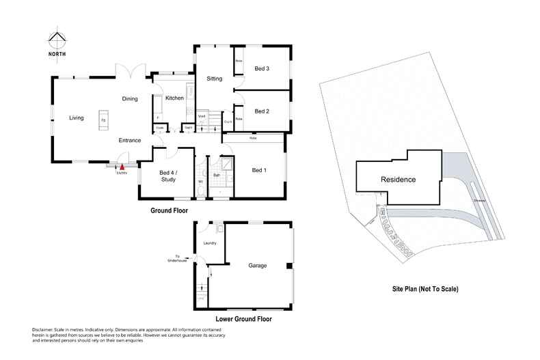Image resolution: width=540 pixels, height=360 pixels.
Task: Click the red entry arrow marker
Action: point(122,165)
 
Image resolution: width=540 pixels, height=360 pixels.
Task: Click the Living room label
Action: point(76,117)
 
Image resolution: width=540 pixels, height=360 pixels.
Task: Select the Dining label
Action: point(130,99)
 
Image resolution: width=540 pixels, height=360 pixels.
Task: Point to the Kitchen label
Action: point(174,99)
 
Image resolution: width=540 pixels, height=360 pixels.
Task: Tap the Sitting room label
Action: point(215,79)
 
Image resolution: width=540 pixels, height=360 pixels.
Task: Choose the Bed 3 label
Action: point(262,69)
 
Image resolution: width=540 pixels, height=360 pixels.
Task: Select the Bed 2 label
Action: point(262,111)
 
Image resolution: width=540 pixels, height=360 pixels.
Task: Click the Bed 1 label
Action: point(259,170)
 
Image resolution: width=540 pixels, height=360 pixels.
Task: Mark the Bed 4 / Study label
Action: point(168,176)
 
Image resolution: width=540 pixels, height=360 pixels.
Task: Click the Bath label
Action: point(216,176)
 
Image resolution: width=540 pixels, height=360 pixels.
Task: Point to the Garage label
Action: point(257,266)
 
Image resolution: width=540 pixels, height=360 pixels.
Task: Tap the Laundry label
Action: point(210,243)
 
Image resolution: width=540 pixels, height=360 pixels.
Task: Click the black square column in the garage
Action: point(289,266)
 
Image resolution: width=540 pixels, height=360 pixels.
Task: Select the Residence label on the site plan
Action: point(398,180)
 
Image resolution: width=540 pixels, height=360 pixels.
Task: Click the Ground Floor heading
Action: point(169,211)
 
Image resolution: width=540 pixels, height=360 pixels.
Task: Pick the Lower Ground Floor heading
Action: point(243,319)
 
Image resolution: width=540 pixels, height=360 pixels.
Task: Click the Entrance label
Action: point(130,140)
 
